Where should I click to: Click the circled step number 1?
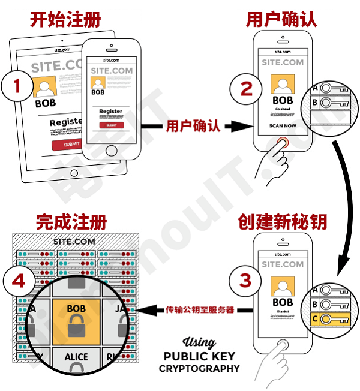pyautogui.click(x=17, y=86)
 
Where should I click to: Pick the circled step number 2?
pyautogui.click(x=247, y=88)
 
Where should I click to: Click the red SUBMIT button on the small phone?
pyautogui.click(x=112, y=125)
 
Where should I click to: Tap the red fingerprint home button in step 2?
pyautogui.click(x=283, y=143)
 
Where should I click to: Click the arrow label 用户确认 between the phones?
pyautogui.click(x=193, y=127)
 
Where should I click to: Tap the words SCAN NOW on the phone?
pyautogui.click(x=283, y=127)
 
